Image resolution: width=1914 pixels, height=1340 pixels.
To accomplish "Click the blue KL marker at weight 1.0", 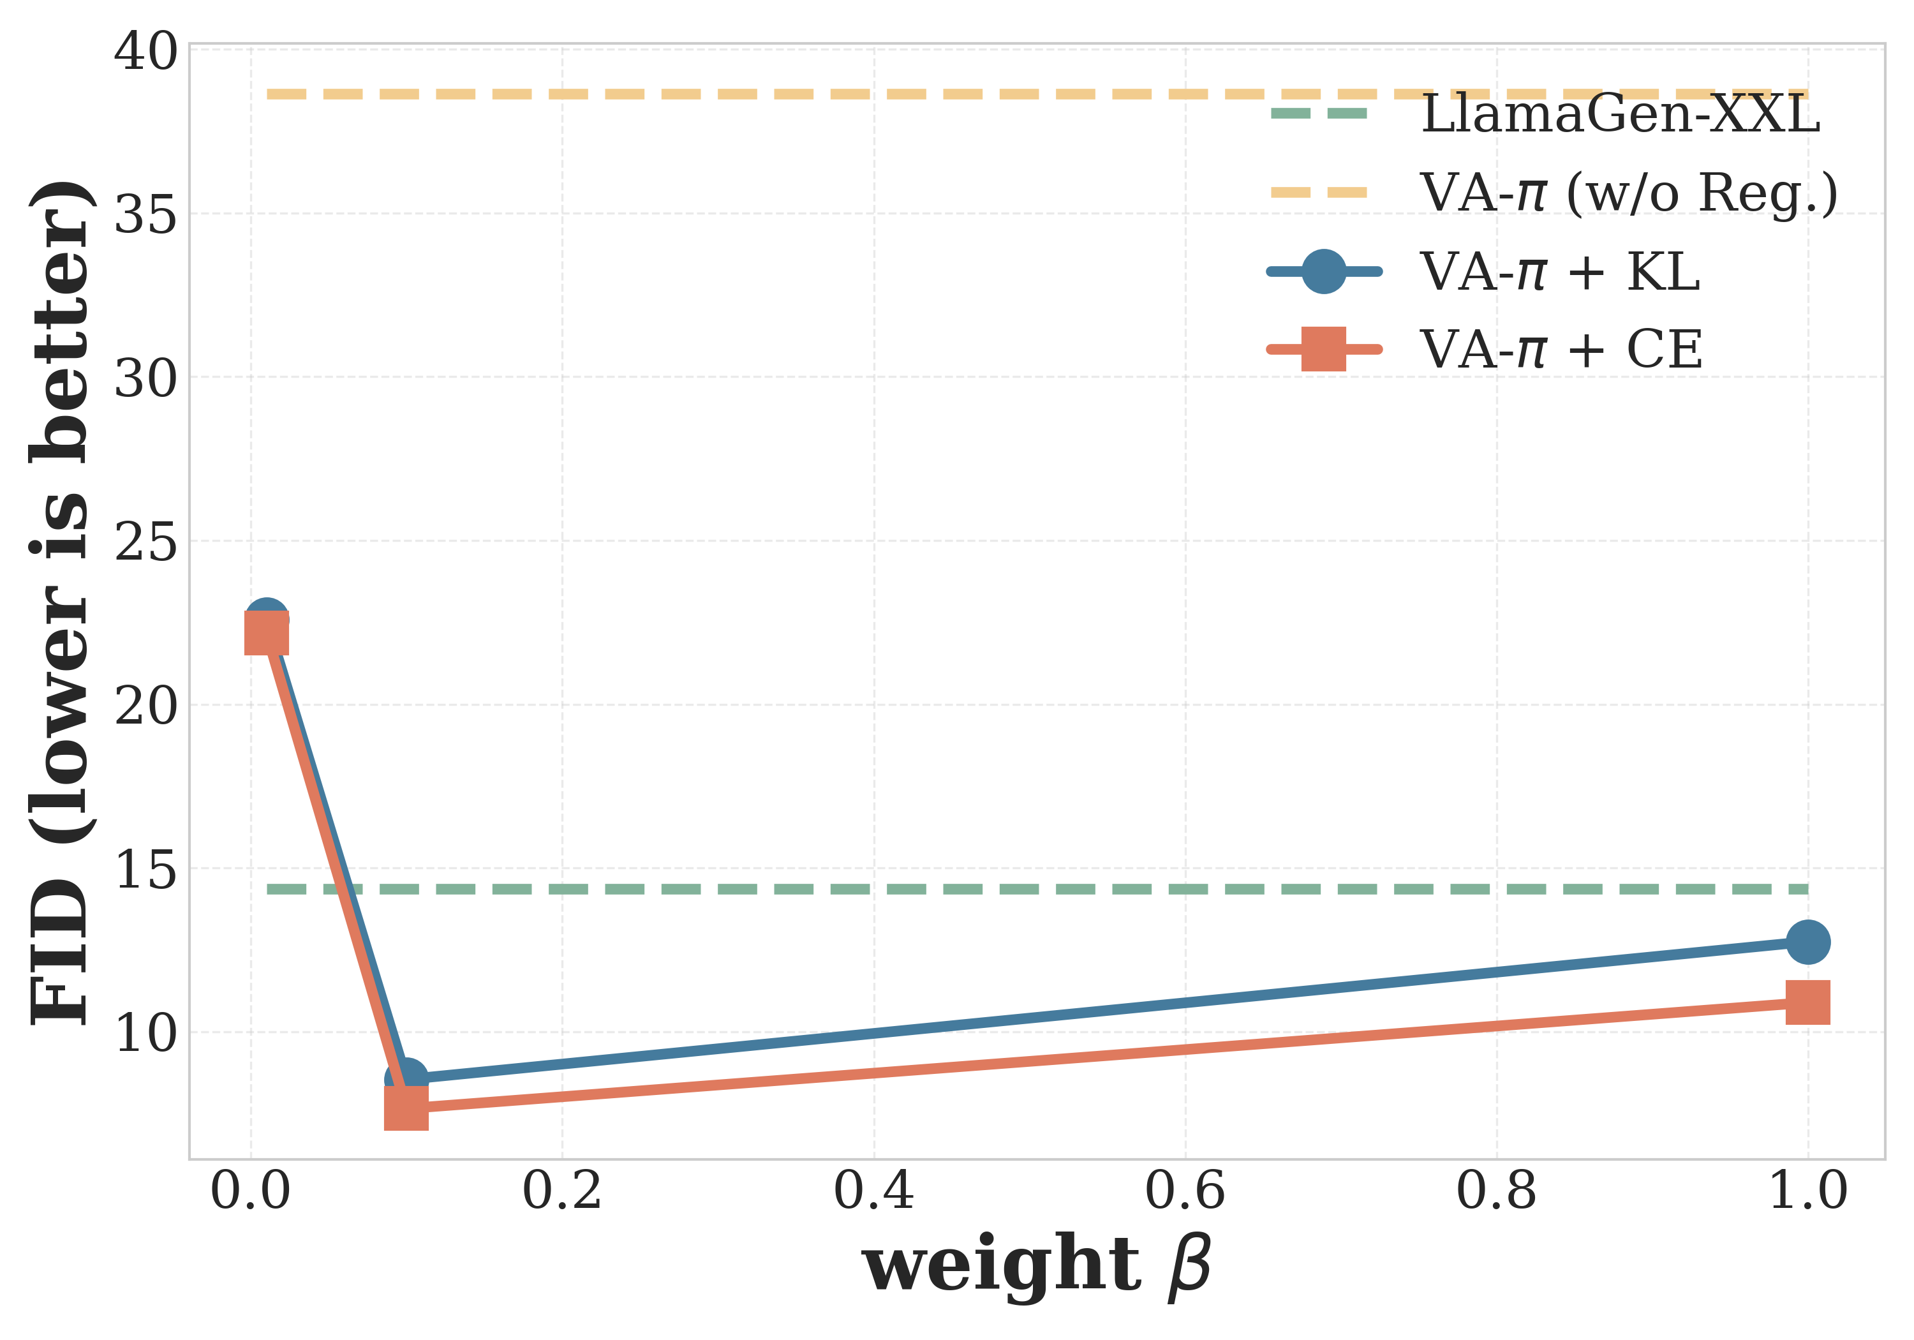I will [x=1807, y=942].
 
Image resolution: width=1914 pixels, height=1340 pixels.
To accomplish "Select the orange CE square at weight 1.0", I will [x=1807, y=1002].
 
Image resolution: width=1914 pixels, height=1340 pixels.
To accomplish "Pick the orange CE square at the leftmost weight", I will [x=266, y=633].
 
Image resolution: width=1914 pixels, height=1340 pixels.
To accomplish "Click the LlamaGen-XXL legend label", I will [x=1620, y=114].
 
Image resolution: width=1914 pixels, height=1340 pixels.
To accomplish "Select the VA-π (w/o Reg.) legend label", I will [x=1628, y=193].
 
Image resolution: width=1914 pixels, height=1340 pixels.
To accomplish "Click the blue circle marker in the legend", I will [x=1324, y=271].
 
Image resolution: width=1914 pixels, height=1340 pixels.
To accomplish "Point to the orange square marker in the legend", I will [x=1324, y=348].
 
